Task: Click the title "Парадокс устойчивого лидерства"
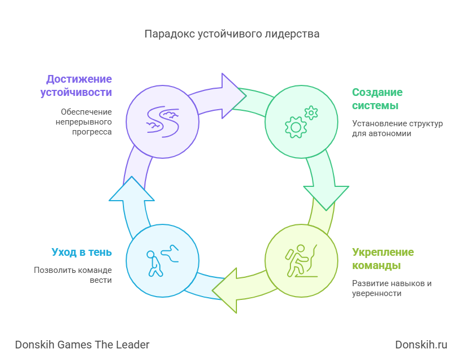pos(231,34)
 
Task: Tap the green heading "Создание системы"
pos(377,99)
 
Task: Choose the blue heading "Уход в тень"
pos(82,252)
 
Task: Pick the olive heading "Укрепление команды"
pos(383,259)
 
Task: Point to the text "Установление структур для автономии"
pos(397,128)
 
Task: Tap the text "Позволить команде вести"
pos(73,275)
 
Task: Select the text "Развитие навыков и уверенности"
pos(392,288)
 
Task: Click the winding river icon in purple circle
pos(162,121)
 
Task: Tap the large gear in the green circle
pos(295,127)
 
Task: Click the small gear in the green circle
pos(311,112)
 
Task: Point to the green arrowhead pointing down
pos(326,196)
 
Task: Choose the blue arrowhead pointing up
pos(132,190)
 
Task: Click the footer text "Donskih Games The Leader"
pos(82,345)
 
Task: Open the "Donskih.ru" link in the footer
pos(421,345)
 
